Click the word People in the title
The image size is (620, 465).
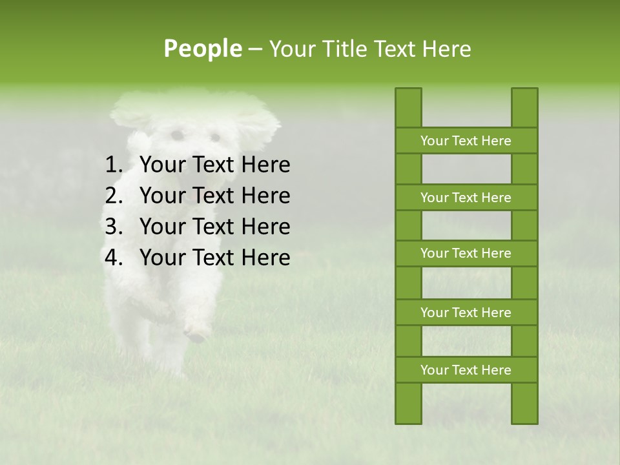click(x=202, y=48)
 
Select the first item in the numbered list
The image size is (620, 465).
click(x=214, y=165)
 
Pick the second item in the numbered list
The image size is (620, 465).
click(x=214, y=196)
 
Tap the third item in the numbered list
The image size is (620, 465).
click(x=214, y=227)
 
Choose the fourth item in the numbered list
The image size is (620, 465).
click(x=214, y=258)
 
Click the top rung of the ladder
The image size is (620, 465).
click(x=466, y=141)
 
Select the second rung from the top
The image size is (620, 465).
click(x=466, y=198)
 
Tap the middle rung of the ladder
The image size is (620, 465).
click(x=466, y=253)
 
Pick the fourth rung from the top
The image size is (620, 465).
click(x=466, y=313)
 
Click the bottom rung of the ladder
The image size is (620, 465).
click(x=466, y=370)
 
